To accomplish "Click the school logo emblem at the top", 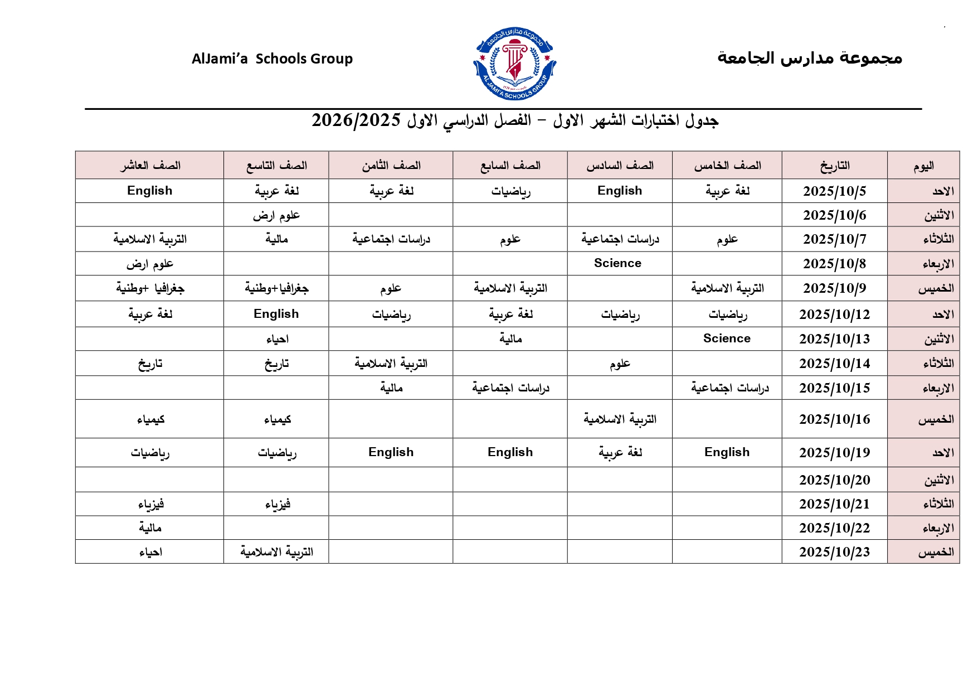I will [x=514, y=64].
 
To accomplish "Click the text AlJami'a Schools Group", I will [x=272, y=59].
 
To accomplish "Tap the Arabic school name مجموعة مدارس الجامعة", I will [x=809, y=57].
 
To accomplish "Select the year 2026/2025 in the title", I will [x=356, y=120].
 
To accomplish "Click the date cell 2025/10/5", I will [x=834, y=191].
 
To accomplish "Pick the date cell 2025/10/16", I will [x=834, y=419].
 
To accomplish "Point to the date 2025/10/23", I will [x=834, y=552].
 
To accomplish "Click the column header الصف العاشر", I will [x=150, y=166].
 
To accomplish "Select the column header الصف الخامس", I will [x=727, y=166].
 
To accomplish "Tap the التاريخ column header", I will [x=834, y=166].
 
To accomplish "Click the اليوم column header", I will [x=923, y=166].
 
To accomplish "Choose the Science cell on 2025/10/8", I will [x=617, y=263].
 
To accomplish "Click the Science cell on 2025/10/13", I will [x=727, y=338].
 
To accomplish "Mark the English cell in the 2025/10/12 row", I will [x=276, y=314].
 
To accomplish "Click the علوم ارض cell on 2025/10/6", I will [x=276, y=215].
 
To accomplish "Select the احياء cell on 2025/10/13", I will [x=277, y=339].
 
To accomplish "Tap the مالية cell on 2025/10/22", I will [x=150, y=528].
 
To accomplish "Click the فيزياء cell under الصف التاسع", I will [x=277, y=504].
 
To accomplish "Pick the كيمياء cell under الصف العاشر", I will [x=150, y=419].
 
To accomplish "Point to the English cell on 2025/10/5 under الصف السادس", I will [x=620, y=191].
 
